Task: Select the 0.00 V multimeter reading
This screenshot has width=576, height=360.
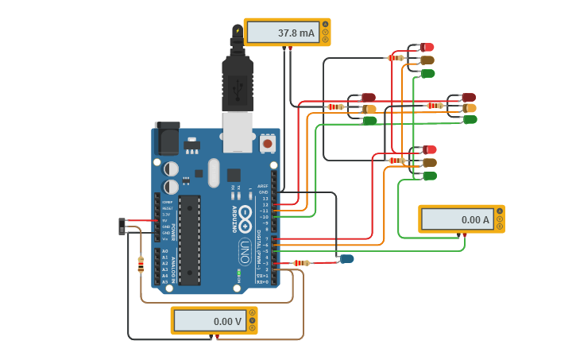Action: (210, 321)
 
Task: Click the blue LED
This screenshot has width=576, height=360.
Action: (346, 258)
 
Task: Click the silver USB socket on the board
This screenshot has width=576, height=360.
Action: (238, 131)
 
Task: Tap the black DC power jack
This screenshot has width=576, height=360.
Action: (167, 139)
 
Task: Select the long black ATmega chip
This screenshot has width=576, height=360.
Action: (189, 238)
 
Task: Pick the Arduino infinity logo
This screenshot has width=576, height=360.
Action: (245, 215)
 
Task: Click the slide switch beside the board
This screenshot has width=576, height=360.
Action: (122, 226)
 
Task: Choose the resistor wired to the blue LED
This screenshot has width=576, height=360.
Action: (301, 263)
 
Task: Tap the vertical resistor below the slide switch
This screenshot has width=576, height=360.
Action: (141, 264)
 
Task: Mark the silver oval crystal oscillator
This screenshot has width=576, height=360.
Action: (214, 172)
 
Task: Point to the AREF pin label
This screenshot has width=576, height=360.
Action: (263, 186)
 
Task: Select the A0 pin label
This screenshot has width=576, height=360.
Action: (164, 251)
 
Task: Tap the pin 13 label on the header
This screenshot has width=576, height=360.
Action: (265, 199)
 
